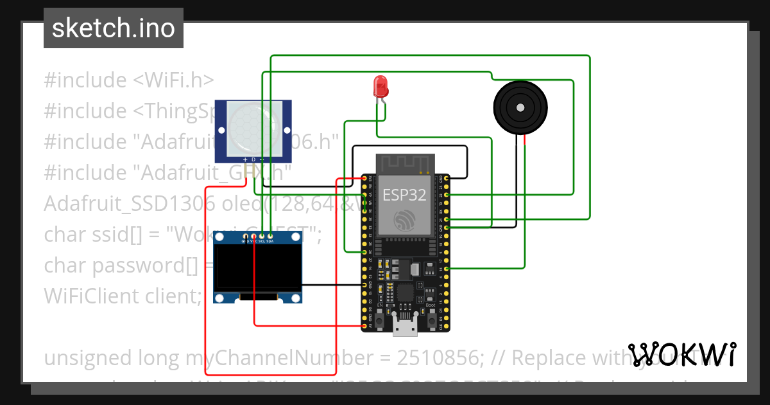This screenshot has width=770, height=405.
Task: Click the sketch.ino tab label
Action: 113,28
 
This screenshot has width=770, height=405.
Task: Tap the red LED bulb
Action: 380,85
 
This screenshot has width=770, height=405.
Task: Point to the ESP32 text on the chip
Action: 404,195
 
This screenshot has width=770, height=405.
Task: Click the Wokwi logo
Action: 682,355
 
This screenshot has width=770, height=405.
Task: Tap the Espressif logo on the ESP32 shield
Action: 404,221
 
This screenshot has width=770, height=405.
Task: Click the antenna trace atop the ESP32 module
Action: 404,163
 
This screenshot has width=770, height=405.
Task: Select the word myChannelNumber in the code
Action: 232,357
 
